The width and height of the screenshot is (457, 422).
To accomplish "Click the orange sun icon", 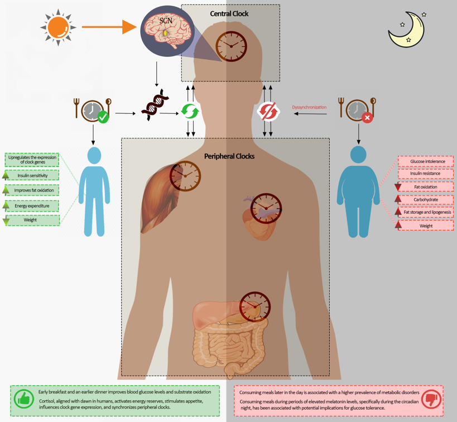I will (x=58, y=27).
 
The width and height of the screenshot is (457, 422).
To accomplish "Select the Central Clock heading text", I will (x=229, y=13).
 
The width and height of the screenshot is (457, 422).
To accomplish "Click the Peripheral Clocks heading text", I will (x=229, y=156).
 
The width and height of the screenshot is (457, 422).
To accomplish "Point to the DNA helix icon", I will (x=155, y=108).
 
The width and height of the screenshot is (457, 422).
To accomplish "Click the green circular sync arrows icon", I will (x=190, y=112).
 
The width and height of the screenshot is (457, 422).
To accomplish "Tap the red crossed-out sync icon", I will (x=268, y=112).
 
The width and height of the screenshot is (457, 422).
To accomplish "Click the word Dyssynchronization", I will (x=309, y=107).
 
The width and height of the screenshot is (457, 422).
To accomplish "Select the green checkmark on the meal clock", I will (x=103, y=118).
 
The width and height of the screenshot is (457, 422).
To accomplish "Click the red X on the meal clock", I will (x=367, y=118).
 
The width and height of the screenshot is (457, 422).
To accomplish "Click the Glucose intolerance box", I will (x=427, y=161).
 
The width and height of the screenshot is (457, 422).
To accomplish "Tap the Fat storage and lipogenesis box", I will (x=427, y=212).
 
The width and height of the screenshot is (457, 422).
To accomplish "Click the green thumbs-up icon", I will (x=24, y=399).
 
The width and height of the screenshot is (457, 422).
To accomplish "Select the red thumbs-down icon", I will (x=431, y=399).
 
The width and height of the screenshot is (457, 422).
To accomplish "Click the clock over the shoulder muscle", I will (x=186, y=176).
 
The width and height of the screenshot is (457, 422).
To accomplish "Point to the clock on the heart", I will (x=266, y=208).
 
